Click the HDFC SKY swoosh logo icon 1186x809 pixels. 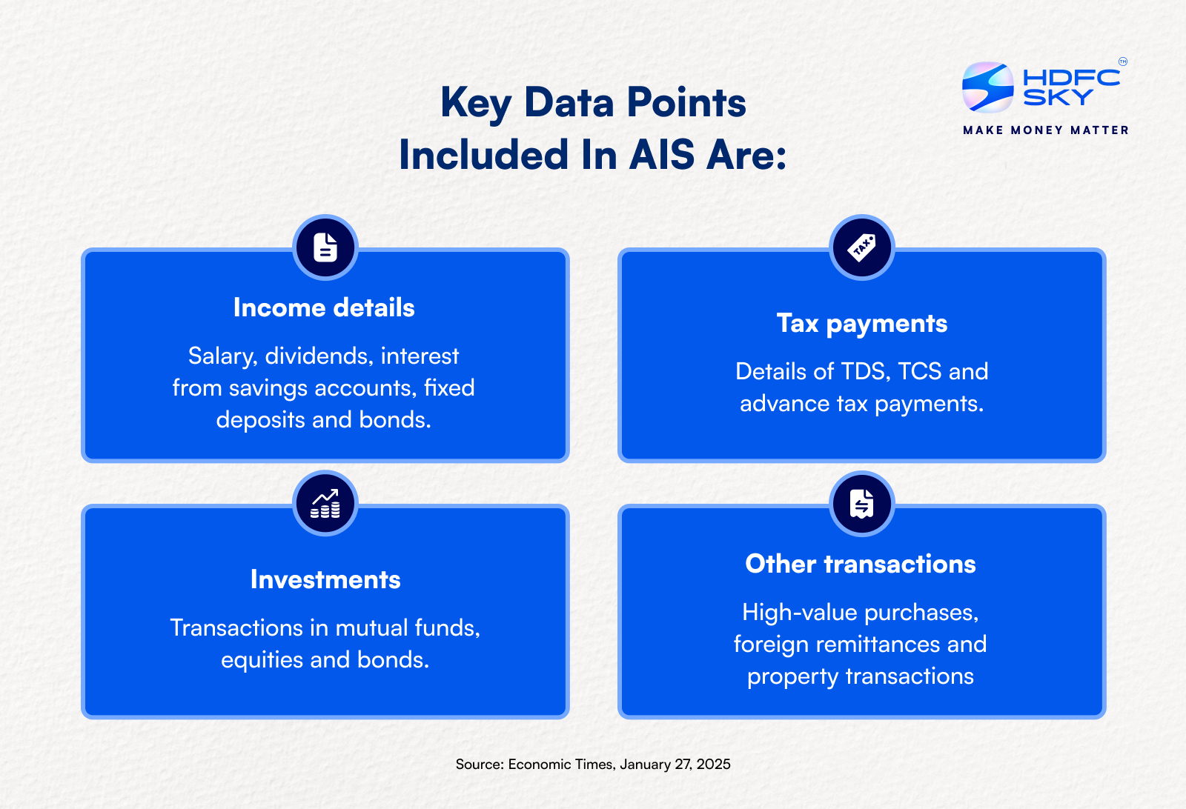point(987,87)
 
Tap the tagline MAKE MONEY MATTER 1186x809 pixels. point(1046,130)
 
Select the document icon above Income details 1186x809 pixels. point(325,247)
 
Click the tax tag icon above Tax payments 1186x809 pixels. point(861,247)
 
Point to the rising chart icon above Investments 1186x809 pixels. point(325,504)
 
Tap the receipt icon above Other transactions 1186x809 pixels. point(861,504)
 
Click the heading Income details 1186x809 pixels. point(324,307)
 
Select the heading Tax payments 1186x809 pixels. point(861,324)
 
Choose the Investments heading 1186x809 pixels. point(325,579)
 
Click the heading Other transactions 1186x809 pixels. point(861,564)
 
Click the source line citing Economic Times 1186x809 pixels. point(593,764)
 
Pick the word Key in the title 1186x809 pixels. point(475,104)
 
